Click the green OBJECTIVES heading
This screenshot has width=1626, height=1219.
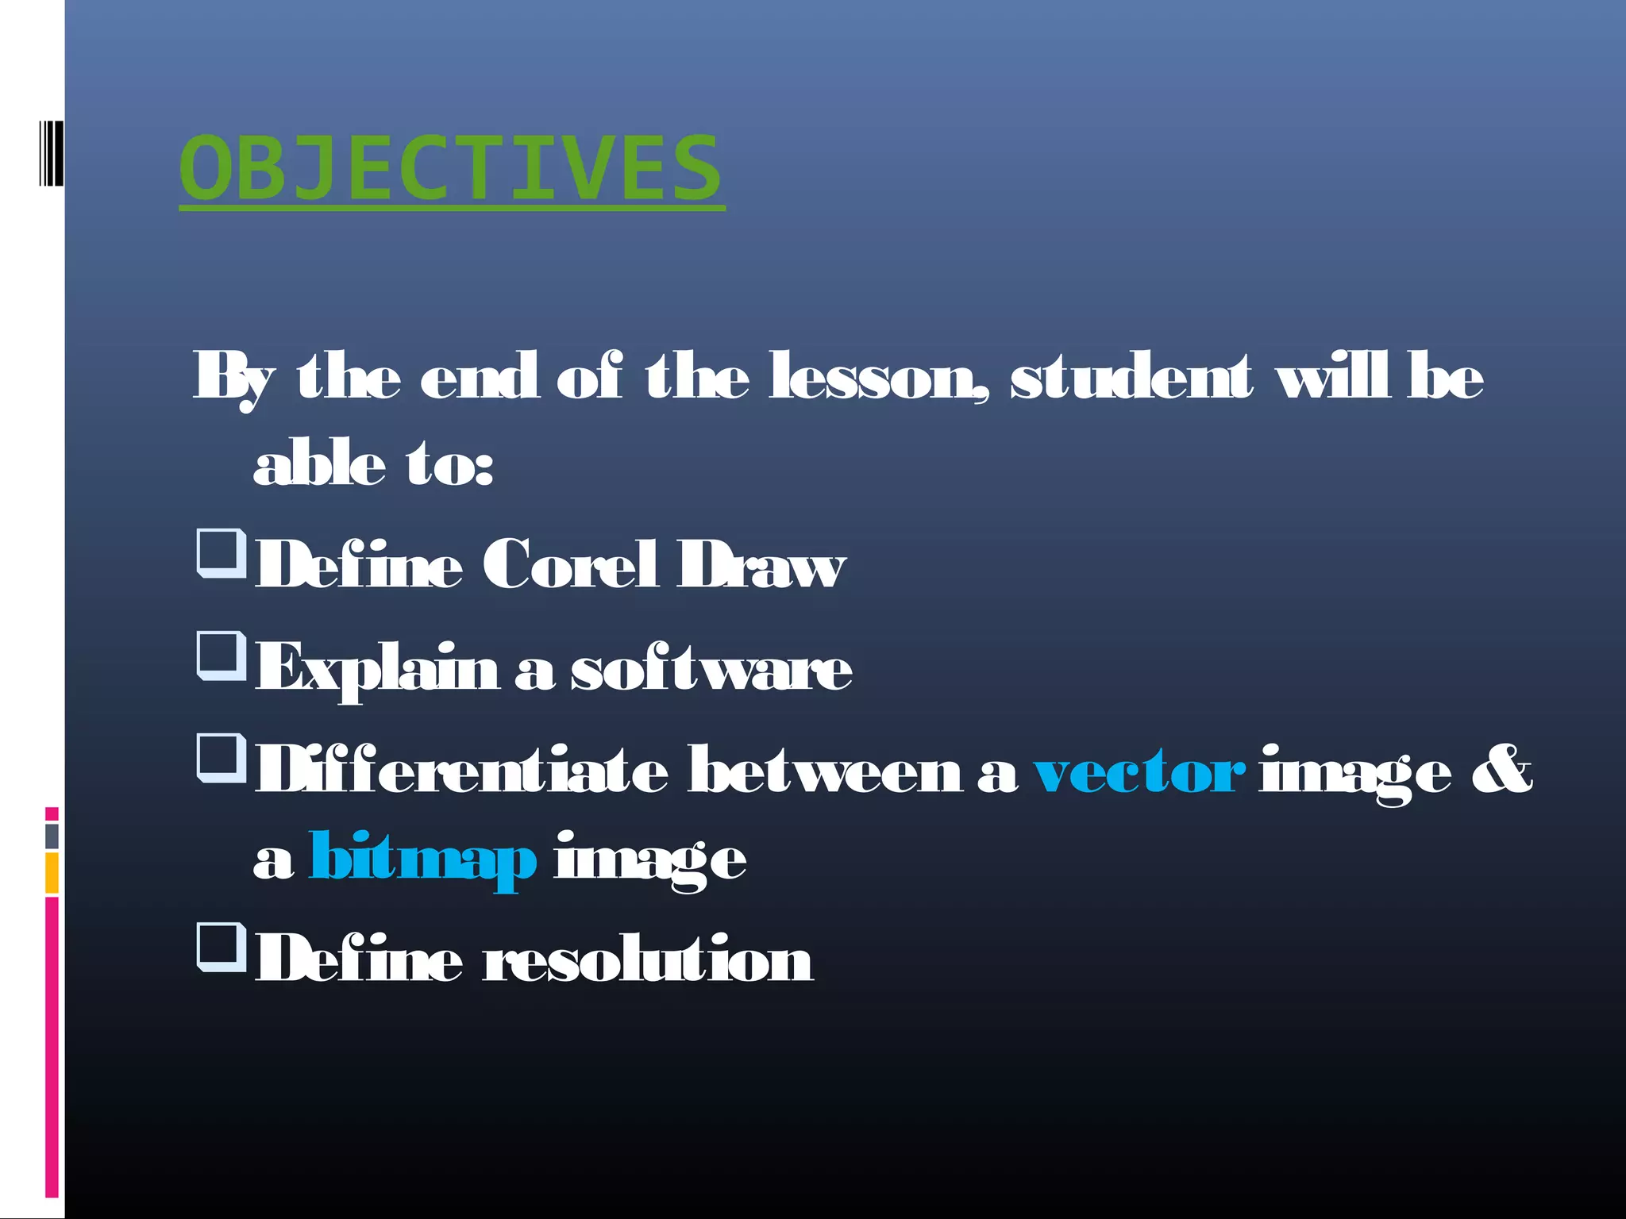point(450,168)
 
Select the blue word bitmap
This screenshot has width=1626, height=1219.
point(422,859)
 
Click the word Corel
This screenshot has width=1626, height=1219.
point(570,565)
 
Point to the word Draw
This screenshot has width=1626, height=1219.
point(761,565)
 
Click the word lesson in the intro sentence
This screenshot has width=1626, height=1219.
point(877,377)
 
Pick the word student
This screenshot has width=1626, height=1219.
point(1131,377)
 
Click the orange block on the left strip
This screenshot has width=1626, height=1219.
point(52,873)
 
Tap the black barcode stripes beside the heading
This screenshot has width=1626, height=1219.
point(51,153)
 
